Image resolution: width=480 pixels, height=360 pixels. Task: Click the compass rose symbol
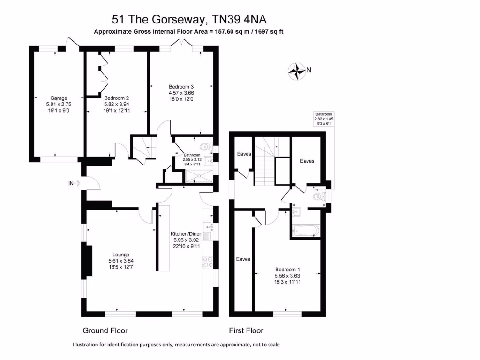click(x=296, y=71)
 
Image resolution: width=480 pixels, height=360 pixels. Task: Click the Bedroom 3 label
click(x=181, y=87)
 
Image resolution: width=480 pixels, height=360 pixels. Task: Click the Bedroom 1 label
click(x=287, y=270)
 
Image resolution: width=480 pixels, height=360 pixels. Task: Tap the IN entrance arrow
click(x=75, y=184)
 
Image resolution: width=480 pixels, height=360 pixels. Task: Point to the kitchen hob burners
click(x=208, y=262)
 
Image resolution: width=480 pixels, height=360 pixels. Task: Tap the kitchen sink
click(x=208, y=228)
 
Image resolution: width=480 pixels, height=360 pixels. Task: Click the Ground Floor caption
click(x=105, y=330)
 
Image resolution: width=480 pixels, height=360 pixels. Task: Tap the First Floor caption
click(x=246, y=330)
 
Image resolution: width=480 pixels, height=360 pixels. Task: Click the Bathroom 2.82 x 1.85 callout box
click(x=323, y=119)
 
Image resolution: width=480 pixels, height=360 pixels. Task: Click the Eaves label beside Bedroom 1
click(x=243, y=259)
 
